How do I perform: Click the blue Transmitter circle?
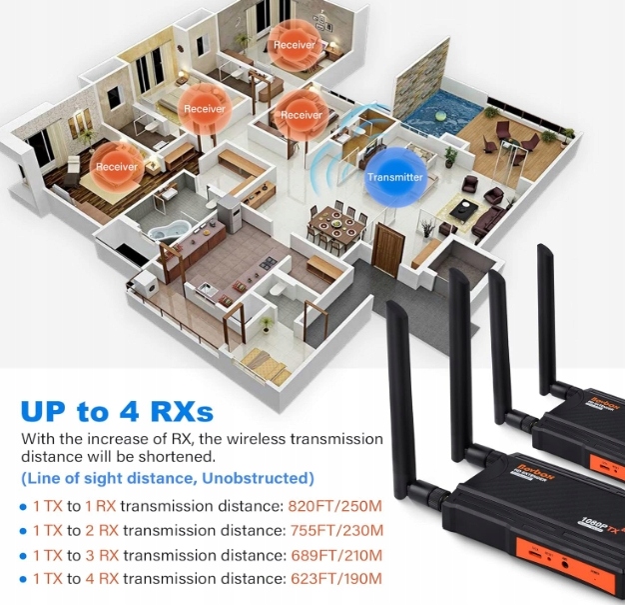(395, 177)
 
